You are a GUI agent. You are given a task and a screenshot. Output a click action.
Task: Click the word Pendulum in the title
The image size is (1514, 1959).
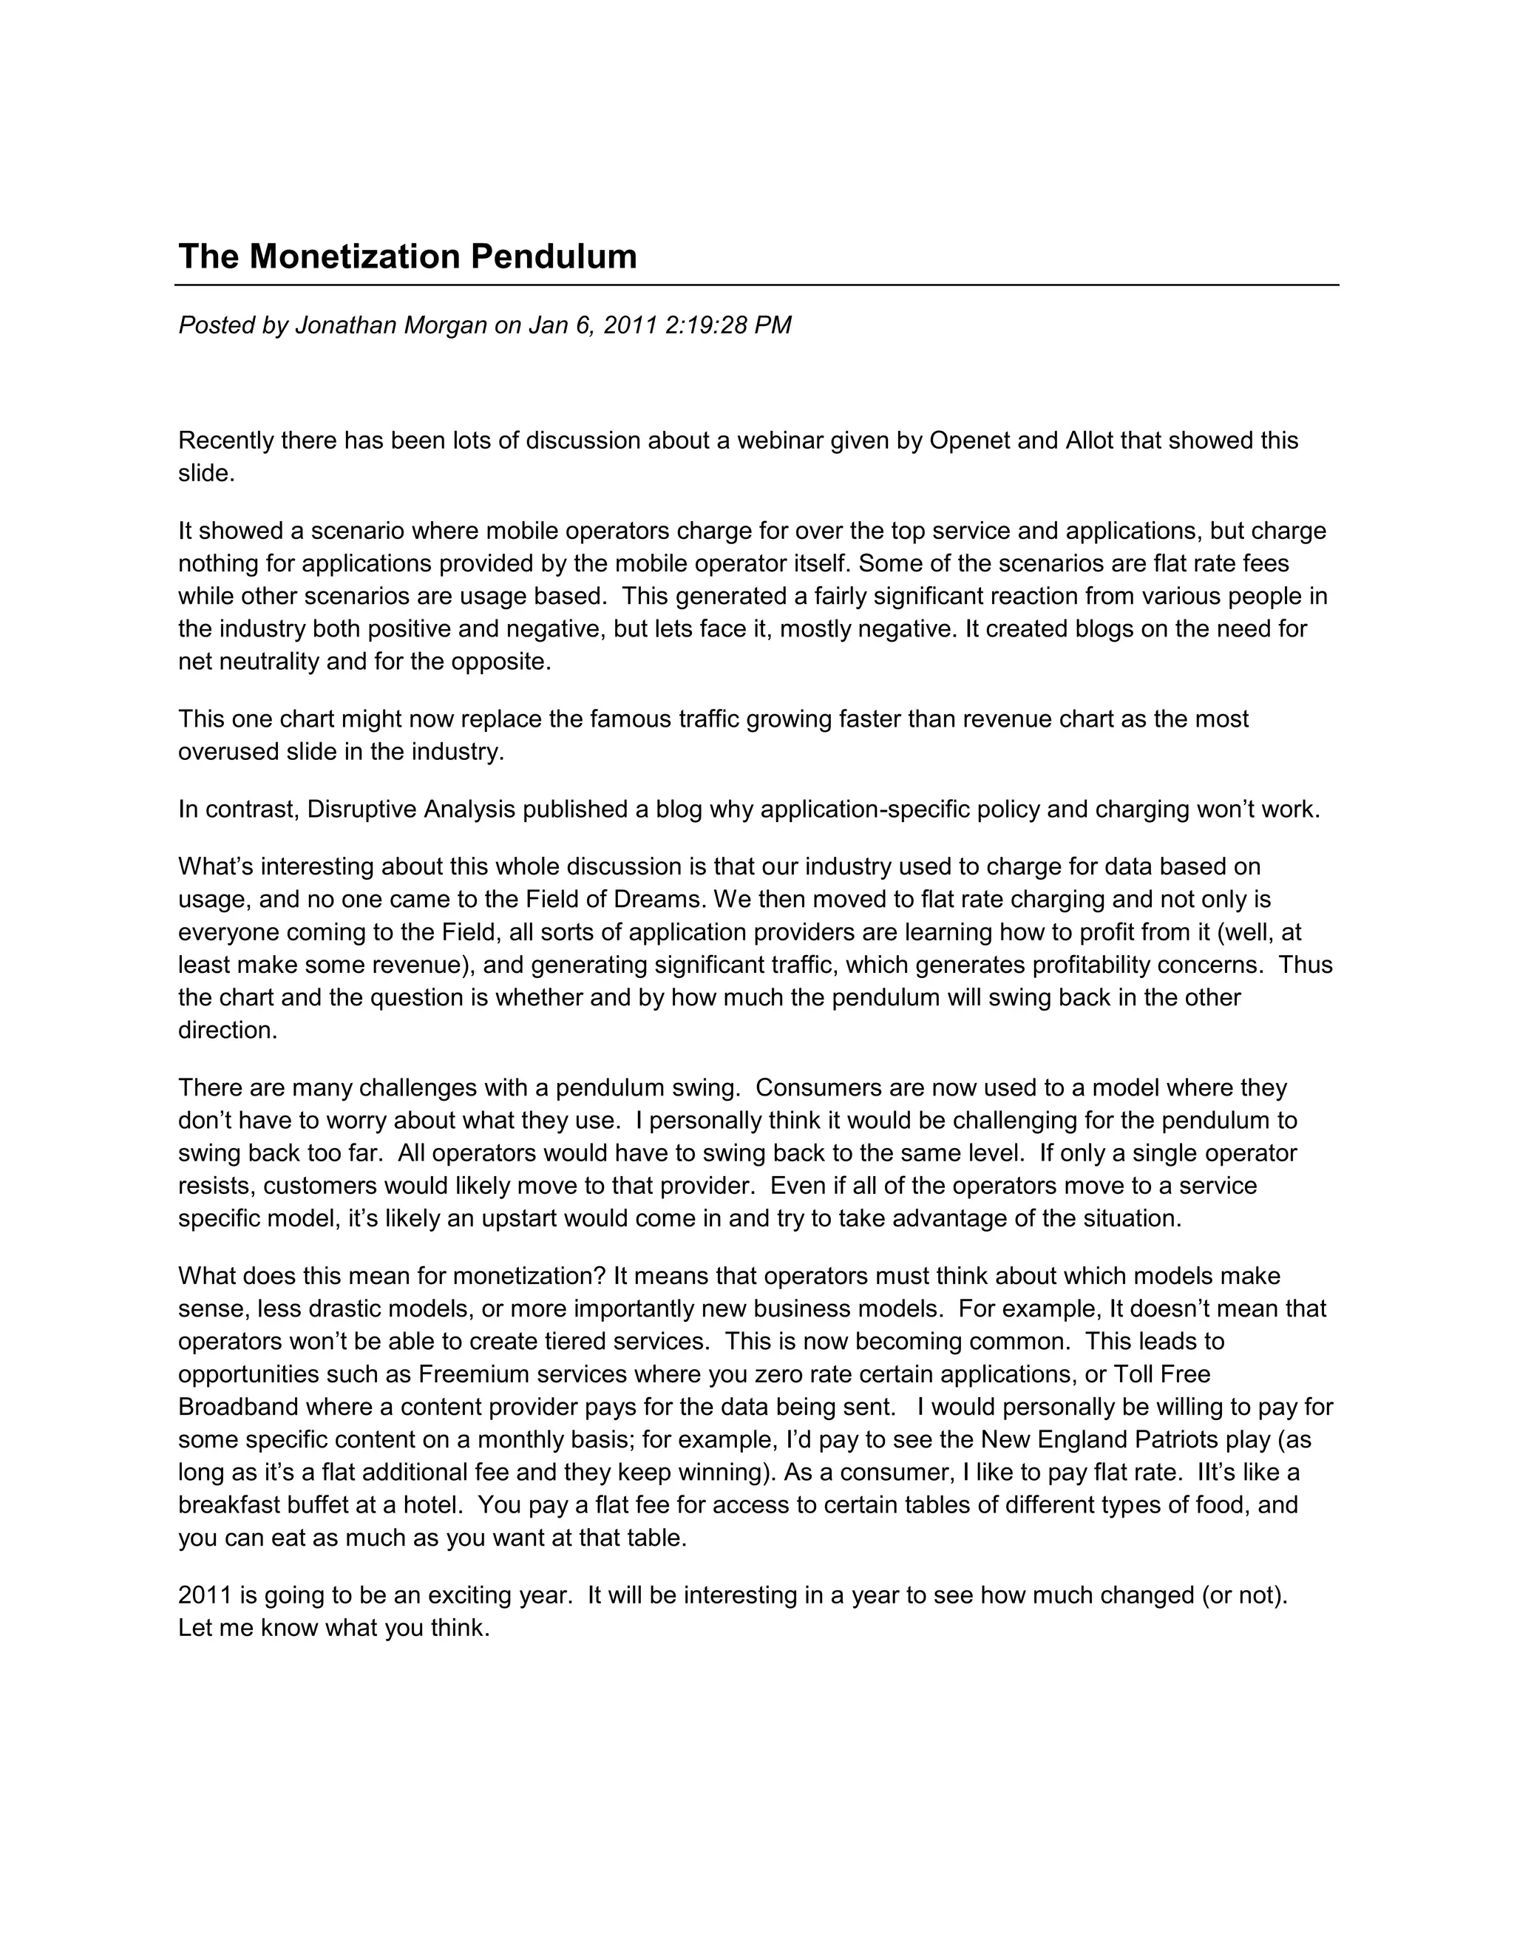pos(554,257)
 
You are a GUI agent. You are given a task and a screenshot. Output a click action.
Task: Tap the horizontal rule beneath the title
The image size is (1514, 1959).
pos(756,285)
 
